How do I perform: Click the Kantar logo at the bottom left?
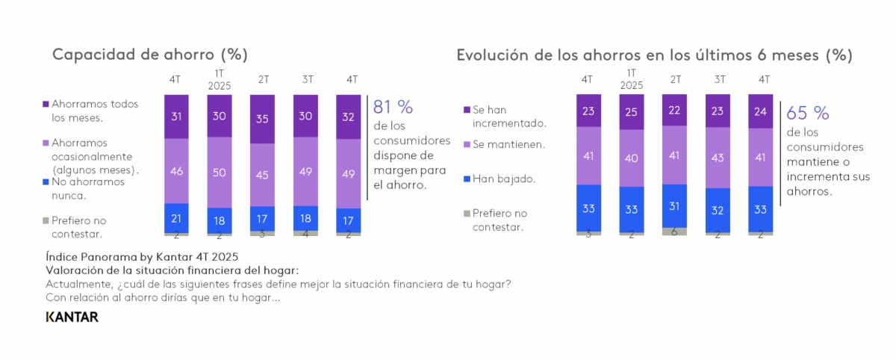[x=72, y=317]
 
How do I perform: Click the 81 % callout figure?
[x=393, y=107]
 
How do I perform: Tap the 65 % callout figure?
[x=808, y=113]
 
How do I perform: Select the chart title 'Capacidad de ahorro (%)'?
[x=149, y=55]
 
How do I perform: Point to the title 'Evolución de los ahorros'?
[x=654, y=55]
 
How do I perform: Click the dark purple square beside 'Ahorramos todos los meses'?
[x=46, y=105]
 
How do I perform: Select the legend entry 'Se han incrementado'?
[x=505, y=116]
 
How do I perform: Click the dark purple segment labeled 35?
[x=262, y=118]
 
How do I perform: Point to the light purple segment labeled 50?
[x=219, y=173]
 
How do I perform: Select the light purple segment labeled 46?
[x=176, y=171]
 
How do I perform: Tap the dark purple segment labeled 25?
[x=631, y=112]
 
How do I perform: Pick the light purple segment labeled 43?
[x=718, y=158]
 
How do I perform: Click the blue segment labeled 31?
[x=674, y=205]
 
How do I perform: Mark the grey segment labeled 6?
[x=674, y=232]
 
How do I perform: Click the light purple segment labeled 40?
[x=631, y=158]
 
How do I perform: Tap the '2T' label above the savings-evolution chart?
[x=675, y=79]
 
